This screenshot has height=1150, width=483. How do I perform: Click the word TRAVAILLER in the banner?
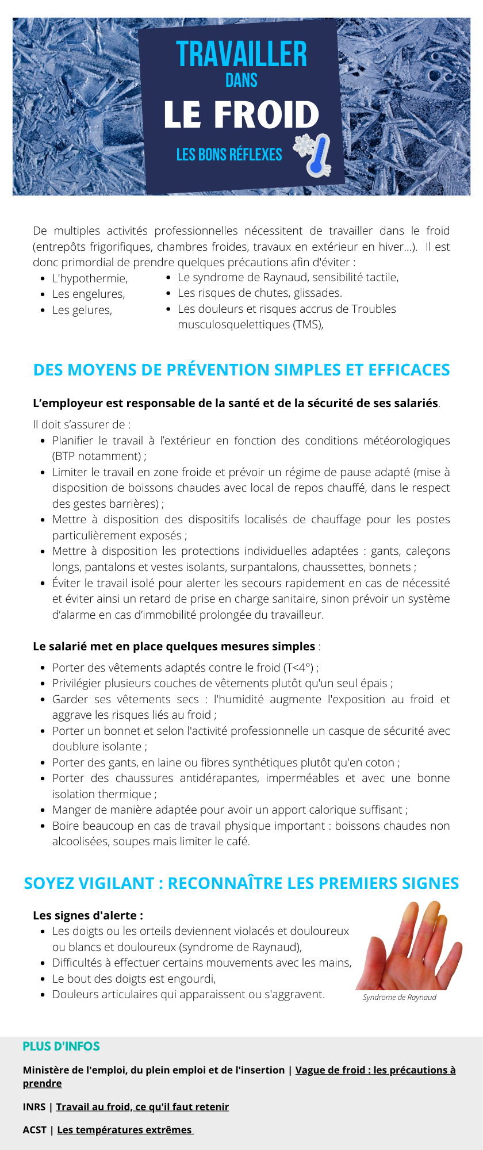coord(241,55)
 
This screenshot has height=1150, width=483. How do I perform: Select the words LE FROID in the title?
coord(241,115)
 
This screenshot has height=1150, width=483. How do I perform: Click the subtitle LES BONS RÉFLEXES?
coord(229,155)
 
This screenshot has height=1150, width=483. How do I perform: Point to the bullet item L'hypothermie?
coord(90,278)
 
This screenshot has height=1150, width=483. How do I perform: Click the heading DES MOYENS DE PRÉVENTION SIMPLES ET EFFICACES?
coord(241,370)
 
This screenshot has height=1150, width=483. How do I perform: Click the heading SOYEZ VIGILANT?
coord(89,883)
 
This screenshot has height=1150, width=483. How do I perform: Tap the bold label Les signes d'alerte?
coord(88,915)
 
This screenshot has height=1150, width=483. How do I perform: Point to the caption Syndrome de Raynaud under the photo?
coord(400,997)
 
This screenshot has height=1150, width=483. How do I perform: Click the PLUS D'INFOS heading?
coord(62,1046)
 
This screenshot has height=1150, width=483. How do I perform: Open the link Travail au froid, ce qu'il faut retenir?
coord(143,1107)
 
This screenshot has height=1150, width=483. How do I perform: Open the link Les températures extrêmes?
coord(125,1130)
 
